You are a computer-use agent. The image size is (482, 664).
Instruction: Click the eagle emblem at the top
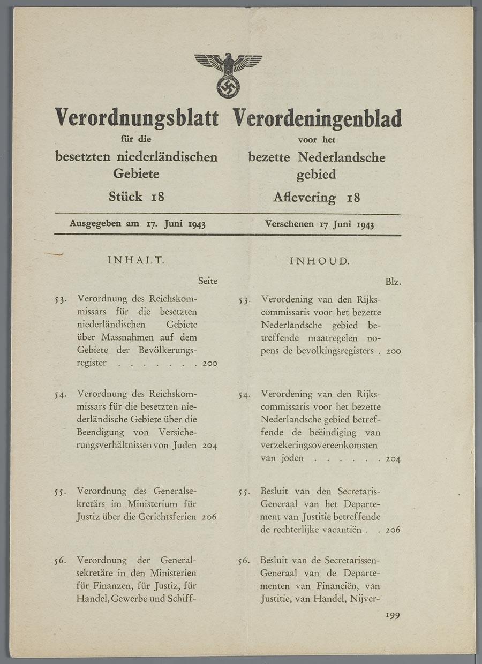tap(228, 74)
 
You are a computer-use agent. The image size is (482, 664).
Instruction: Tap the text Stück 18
tap(136, 197)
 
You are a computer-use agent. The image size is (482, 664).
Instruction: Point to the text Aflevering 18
tap(317, 198)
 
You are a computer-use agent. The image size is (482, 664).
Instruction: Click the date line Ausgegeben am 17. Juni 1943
tap(138, 224)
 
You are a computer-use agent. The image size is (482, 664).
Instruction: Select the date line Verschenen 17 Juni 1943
tap(319, 224)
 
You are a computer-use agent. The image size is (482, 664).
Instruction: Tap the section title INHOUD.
tap(319, 261)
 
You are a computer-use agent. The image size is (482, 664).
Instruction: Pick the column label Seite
tap(207, 281)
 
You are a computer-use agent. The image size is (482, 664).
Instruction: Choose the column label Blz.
tap(393, 282)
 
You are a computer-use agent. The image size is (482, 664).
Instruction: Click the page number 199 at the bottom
tap(393, 616)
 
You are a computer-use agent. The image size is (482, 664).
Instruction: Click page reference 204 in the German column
tap(209, 446)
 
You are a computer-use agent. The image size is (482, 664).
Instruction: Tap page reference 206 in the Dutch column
tap(393, 530)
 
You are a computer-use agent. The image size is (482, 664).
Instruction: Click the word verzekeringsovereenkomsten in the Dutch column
tap(319, 445)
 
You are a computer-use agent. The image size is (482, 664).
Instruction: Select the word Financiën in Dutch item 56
tap(335, 586)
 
